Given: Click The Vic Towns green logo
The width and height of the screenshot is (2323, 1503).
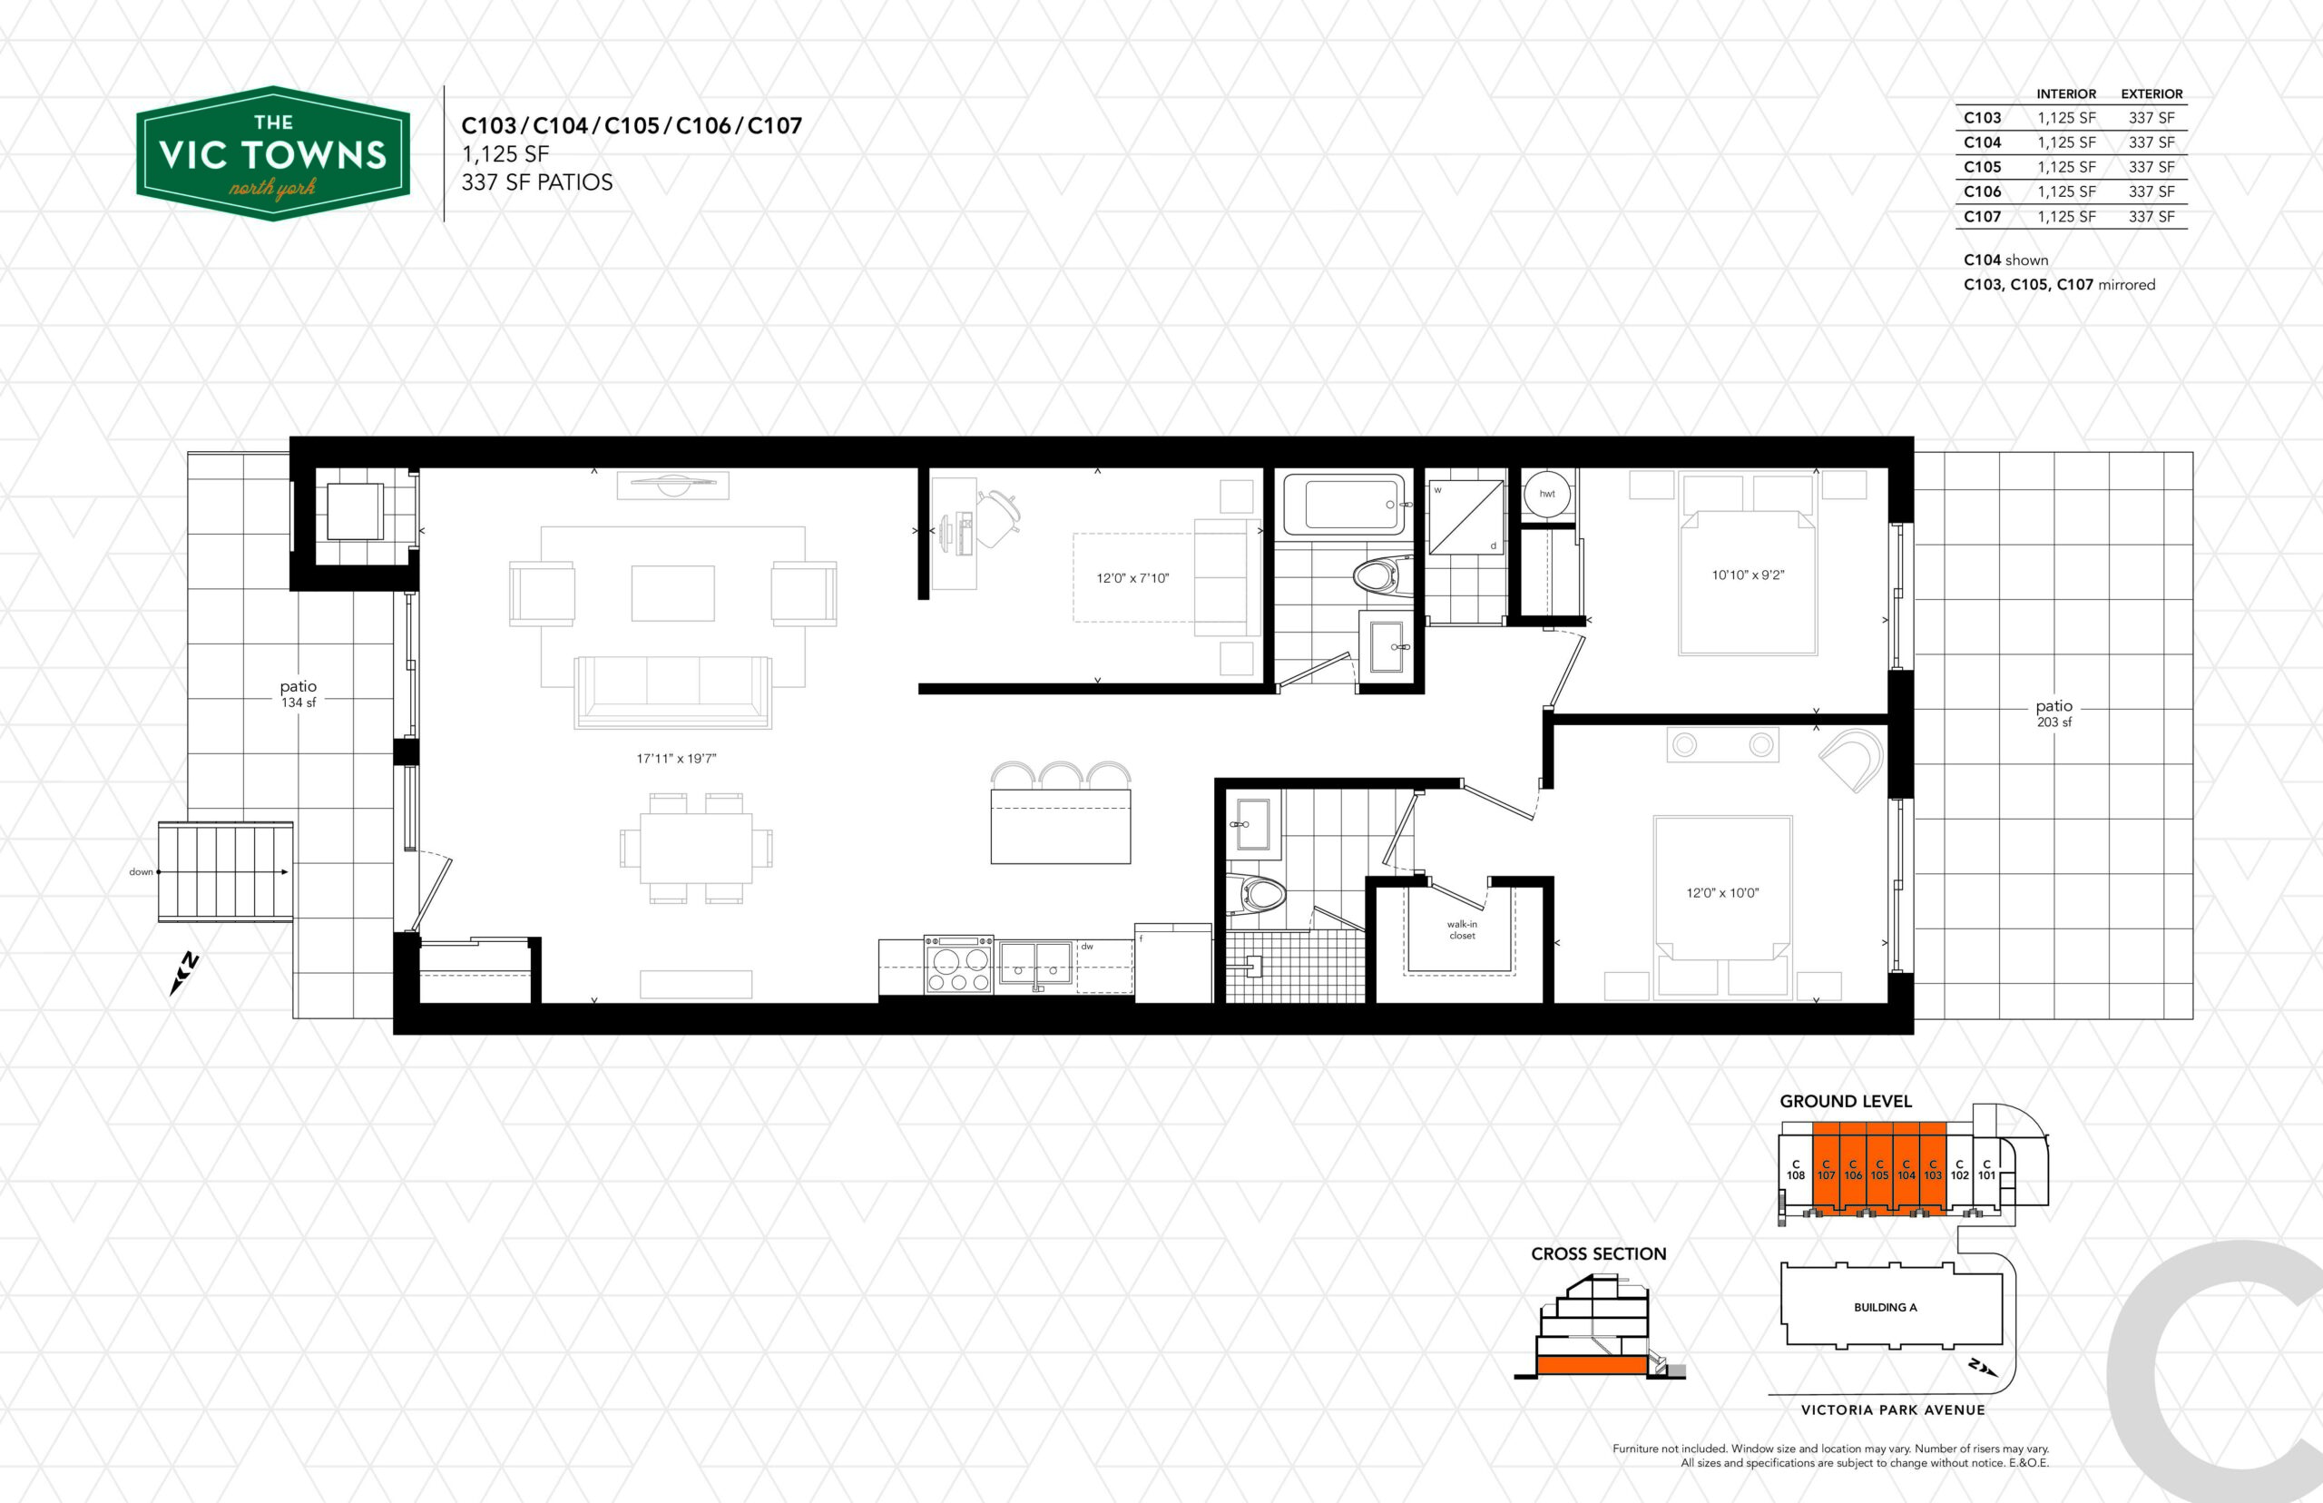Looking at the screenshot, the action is pos(273,153).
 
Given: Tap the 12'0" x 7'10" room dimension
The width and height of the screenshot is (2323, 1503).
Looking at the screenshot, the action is pos(1132,578).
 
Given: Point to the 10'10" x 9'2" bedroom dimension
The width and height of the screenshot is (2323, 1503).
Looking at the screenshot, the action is pos(1748,575).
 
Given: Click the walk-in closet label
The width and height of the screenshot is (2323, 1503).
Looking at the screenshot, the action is pos(1462,929).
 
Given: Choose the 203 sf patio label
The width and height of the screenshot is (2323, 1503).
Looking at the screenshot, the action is pos(2053,712).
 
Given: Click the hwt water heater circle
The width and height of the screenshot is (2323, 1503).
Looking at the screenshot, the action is pos(1547,493).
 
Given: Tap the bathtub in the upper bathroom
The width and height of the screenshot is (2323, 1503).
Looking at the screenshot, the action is pos(1345,504).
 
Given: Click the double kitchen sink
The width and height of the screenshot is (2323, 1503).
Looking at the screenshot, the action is pos(1035,964).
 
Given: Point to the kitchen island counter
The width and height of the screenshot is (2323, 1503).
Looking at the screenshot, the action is pos(1061,826).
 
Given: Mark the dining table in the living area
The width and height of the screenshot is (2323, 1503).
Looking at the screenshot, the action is pos(696,847).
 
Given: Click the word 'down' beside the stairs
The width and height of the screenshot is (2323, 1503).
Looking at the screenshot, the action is pos(142,871).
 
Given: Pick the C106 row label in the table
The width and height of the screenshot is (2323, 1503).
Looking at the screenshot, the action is pos(1982,192).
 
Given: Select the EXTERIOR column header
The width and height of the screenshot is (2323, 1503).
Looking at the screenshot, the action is pos(2151,93).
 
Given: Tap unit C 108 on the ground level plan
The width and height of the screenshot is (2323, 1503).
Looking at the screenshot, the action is pos(1795,1169).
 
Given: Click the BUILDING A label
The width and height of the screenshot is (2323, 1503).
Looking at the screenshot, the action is pos(1885,1307).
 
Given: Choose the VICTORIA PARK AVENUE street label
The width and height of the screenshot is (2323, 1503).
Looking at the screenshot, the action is pos(1893,1410).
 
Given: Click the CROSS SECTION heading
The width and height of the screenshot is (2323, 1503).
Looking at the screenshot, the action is pos(1598,1254).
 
